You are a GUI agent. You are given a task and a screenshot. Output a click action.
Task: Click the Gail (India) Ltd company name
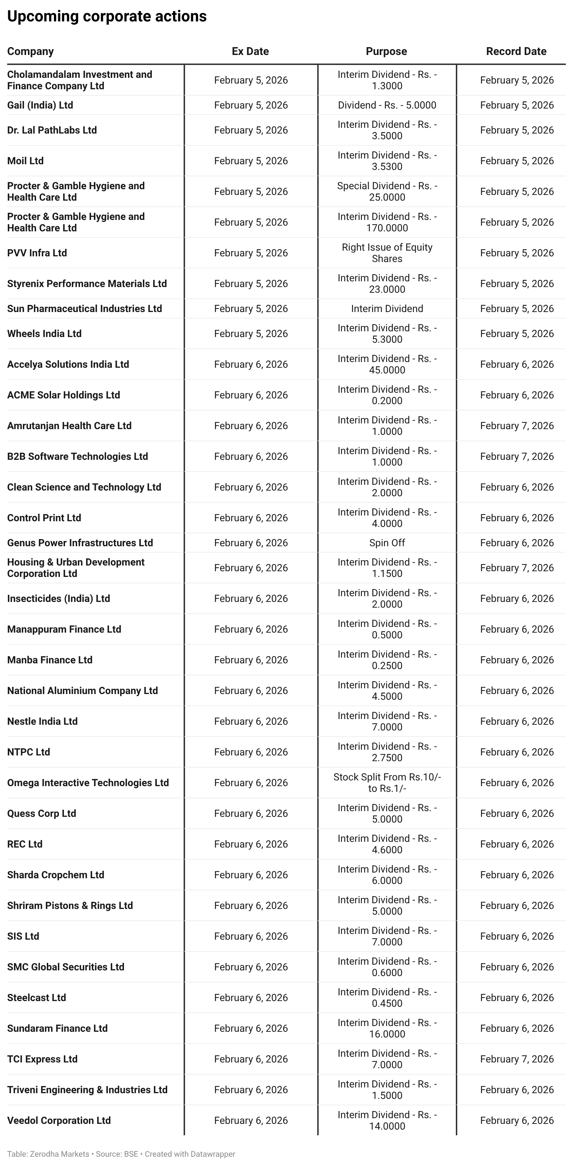tap(40, 105)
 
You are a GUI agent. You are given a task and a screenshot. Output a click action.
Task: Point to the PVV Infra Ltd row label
tap(37, 253)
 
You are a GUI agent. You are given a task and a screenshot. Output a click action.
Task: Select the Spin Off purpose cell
tap(387, 543)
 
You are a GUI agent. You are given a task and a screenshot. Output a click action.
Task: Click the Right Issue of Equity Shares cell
tap(387, 253)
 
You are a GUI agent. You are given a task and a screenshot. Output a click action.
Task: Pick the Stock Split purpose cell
tap(387, 783)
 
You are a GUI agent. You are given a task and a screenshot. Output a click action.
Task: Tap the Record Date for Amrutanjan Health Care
tap(517, 426)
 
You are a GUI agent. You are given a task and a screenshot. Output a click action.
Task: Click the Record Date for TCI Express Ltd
tap(517, 1059)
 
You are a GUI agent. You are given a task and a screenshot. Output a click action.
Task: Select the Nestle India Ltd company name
tap(43, 722)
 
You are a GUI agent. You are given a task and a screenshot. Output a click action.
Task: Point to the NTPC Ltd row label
tap(29, 752)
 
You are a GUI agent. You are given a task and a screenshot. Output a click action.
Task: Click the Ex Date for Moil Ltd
tap(251, 161)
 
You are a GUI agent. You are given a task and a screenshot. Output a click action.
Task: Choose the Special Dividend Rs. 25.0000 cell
tap(387, 191)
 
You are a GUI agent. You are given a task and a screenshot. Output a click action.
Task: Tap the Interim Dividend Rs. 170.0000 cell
tap(387, 222)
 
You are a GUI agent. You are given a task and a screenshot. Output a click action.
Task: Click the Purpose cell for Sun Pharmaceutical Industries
tap(387, 309)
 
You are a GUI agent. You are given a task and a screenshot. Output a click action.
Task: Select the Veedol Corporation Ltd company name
tap(59, 1121)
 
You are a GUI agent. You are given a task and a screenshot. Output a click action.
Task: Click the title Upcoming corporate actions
tap(107, 16)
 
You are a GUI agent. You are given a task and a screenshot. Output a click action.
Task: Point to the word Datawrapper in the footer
tap(213, 1154)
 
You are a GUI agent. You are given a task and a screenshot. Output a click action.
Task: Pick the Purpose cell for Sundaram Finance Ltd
tap(387, 1029)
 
